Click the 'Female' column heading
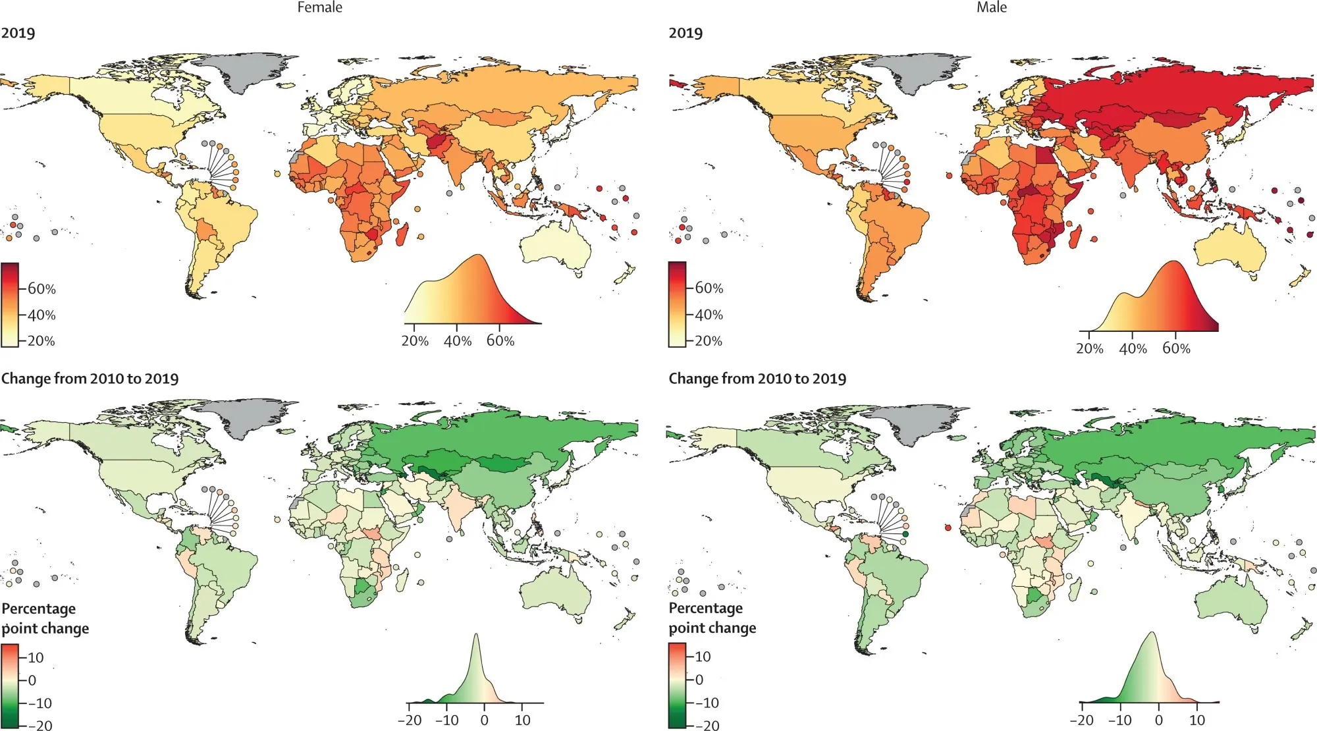click(319, 7)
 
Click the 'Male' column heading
click(991, 7)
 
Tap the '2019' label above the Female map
click(18, 33)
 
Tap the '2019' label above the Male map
click(685, 33)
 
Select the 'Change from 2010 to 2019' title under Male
click(757, 379)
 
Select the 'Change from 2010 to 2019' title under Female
click(90, 379)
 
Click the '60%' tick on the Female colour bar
click(41, 289)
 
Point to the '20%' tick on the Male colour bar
click(709, 341)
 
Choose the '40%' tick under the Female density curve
click(458, 341)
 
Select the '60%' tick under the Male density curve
click(1176, 348)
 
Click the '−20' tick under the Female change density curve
click(410, 720)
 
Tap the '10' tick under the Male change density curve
click(1197, 720)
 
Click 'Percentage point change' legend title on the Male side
click(712, 618)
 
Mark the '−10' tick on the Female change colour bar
click(40, 703)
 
